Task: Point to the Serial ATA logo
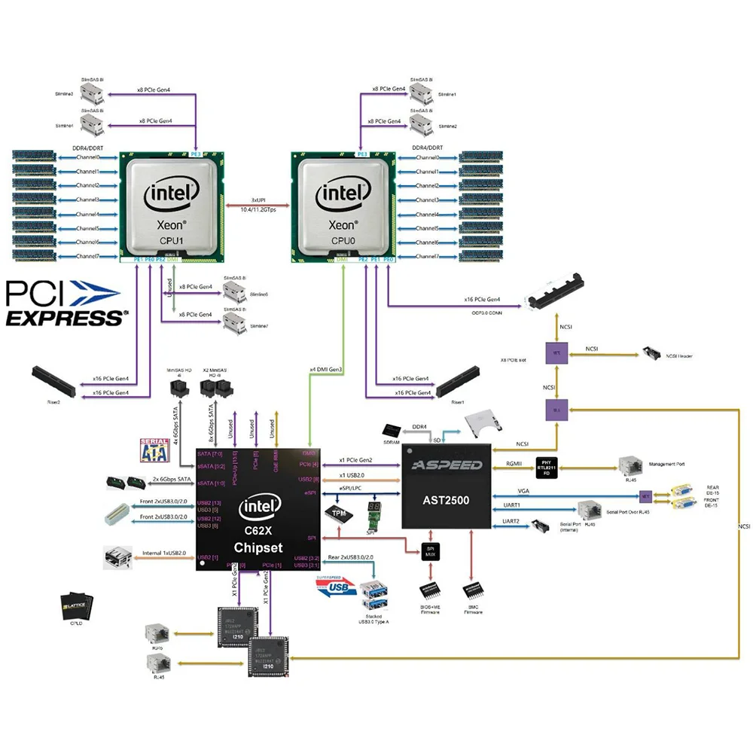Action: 154,450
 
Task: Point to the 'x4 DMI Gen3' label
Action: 325,370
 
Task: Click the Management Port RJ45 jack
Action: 630,465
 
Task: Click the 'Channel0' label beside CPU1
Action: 88,157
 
